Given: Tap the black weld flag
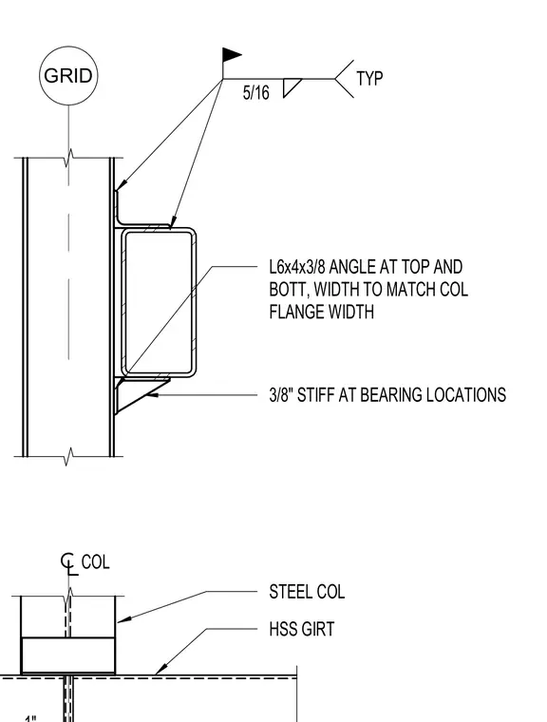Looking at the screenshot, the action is tap(232, 55).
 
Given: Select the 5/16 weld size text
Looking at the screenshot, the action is tap(256, 93).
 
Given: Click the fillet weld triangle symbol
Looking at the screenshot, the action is tap(292, 87).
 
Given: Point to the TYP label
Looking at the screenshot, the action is tap(369, 79).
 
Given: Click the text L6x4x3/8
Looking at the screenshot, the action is tap(297, 267).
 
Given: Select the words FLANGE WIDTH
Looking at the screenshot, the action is tap(321, 313).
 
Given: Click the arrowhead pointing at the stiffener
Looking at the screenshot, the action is tap(152, 394).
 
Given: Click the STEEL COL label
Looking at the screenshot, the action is tap(307, 592).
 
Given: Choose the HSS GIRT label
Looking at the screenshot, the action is tap(302, 629).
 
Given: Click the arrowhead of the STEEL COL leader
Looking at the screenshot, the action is tap(123, 619).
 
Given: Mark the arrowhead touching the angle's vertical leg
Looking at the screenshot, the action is tap(120, 185).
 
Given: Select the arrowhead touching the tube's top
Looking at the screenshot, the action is tap(173, 222).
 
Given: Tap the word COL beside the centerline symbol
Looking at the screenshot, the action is tap(95, 562).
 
